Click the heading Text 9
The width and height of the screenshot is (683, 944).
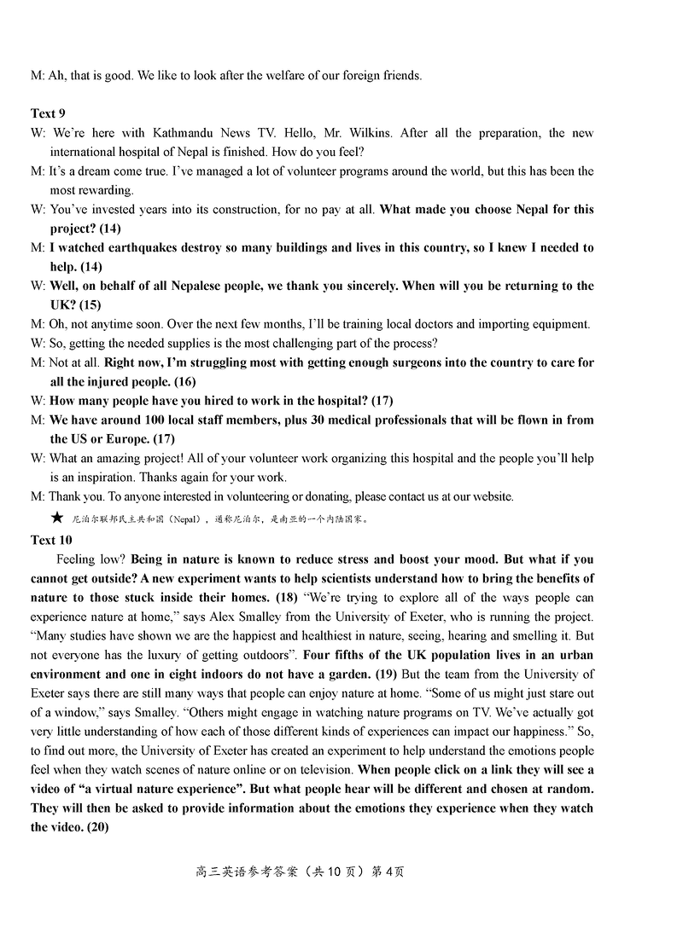coord(49,113)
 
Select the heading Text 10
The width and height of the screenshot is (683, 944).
coord(51,540)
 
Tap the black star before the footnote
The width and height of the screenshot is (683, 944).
coord(57,517)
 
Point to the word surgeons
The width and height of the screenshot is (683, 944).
coord(419,362)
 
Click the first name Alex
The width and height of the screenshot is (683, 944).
coord(415,617)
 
